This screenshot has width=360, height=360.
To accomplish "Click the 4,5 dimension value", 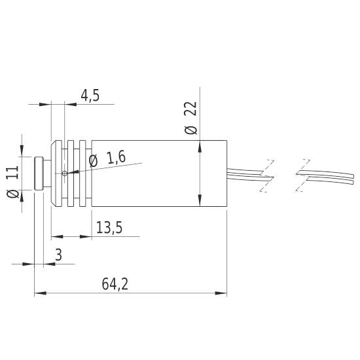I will pos(90,96).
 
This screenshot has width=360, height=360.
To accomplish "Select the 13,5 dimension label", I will pos(109,228).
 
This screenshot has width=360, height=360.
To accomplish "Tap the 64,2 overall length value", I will pos(115,285).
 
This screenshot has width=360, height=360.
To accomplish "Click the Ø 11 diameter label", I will pos(12,183).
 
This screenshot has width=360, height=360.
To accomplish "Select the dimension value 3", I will pos(58,256).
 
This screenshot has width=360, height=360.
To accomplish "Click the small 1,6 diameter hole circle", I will pos(65,173).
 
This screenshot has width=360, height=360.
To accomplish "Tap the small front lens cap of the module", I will pos(39,173).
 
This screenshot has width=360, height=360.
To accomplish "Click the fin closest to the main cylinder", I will pos(84,173).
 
